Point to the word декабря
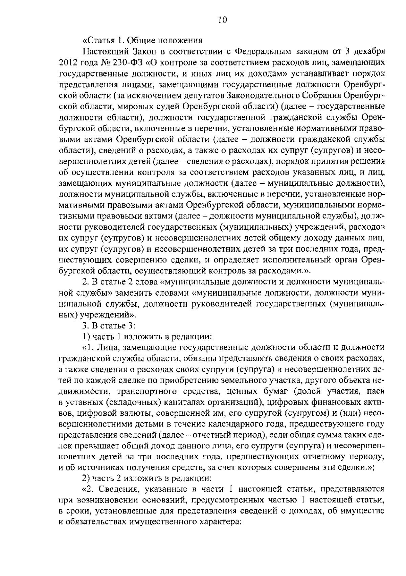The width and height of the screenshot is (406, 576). (368, 52)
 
